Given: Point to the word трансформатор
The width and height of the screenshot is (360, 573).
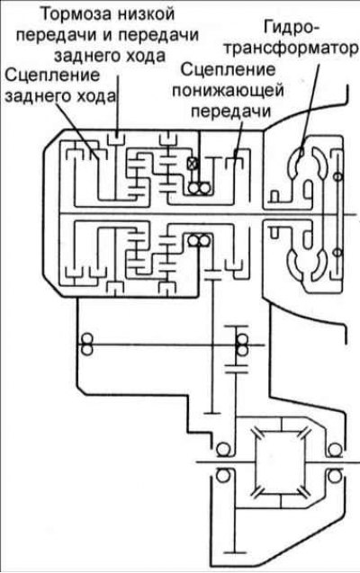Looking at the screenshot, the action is (291, 49).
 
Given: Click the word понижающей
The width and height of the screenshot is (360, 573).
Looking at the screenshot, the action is (228, 91).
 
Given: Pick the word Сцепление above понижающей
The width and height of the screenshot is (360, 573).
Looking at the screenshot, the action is (228, 69).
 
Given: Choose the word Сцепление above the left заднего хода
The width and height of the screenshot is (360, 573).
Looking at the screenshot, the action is (52, 76).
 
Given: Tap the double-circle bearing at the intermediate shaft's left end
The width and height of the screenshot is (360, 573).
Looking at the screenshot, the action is (86, 345).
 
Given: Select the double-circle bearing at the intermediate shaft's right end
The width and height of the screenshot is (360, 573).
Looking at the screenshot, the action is (241, 345).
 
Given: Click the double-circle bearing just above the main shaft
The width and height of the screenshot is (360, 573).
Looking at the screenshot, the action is (199, 188).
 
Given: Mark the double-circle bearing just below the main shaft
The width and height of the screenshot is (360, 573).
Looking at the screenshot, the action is (199, 240).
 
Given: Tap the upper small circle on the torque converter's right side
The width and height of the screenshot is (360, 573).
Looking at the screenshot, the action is (338, 176).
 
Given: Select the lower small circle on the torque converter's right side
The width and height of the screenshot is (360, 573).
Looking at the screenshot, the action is (338, 252).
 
